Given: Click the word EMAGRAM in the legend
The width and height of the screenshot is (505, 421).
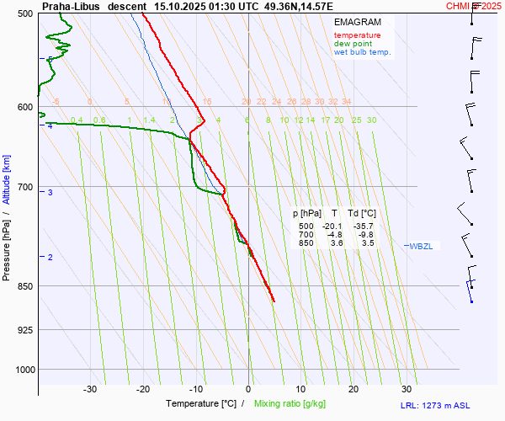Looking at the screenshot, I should pos(356,21).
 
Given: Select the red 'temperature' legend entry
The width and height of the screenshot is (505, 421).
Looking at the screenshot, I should pos(357,35).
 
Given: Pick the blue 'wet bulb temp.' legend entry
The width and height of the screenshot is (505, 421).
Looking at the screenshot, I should pos(363,52).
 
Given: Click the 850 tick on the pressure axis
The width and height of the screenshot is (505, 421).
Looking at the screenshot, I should pos(24,286).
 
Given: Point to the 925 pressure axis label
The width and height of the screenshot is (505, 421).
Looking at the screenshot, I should pos(24,329).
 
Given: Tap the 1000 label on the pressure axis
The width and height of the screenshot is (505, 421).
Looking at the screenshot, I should pos(22,370).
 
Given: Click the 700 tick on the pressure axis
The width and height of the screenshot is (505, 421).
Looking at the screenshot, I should pos(24,187).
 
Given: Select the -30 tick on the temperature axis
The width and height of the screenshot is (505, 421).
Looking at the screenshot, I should pos(90,389).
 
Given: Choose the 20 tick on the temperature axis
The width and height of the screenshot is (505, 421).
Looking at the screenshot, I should pos(353,389).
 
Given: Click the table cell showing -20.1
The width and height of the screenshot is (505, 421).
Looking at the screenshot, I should pos(331,226).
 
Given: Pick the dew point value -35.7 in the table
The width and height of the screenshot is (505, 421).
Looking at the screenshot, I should pos(362,226).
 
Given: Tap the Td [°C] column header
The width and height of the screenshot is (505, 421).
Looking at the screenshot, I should pos(361,215).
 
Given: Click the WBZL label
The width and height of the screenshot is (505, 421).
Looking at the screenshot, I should pos(421,246).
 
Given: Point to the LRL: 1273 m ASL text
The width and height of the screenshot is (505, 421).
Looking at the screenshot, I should pos(450,406).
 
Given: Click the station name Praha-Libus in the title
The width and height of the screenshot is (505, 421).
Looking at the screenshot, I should pos(71,6).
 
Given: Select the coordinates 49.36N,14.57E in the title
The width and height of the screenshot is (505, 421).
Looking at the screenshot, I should pos(298,6).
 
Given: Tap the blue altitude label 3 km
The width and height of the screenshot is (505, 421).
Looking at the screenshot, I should pos(50,193).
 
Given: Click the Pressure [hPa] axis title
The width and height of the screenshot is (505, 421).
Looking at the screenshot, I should pos(7,245).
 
